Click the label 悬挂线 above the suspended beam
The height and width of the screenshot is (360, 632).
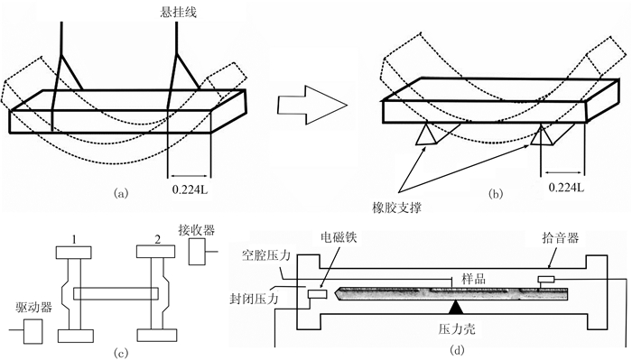tap(179, 12)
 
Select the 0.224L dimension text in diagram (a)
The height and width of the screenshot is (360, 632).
tap(191, 189)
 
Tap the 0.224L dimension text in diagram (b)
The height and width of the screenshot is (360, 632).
tap(566, 188)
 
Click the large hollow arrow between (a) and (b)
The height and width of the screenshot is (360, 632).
tap(312, 105)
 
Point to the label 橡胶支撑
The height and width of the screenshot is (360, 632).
tap(397, 208)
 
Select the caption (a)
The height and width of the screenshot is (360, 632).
tap(121, 193)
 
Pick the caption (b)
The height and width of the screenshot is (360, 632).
tap(496, 194)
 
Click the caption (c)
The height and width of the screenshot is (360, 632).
tap(121, 353)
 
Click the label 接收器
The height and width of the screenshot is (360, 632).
tap(196, 230)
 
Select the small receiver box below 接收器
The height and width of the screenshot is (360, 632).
tap(197, 252)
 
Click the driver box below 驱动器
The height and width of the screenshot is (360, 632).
tap(33, 331)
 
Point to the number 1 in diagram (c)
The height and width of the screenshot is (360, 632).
tap(74, 240)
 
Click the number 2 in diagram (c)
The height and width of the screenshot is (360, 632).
tap(157, 240)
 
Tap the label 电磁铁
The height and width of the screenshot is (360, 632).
tap(339, 237)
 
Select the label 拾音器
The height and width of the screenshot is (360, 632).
tap(561, 237)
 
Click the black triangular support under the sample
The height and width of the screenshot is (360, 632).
tap(456, 307)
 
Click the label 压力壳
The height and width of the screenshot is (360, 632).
tap(457, 328)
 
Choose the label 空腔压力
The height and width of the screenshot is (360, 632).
tap(266, 255)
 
